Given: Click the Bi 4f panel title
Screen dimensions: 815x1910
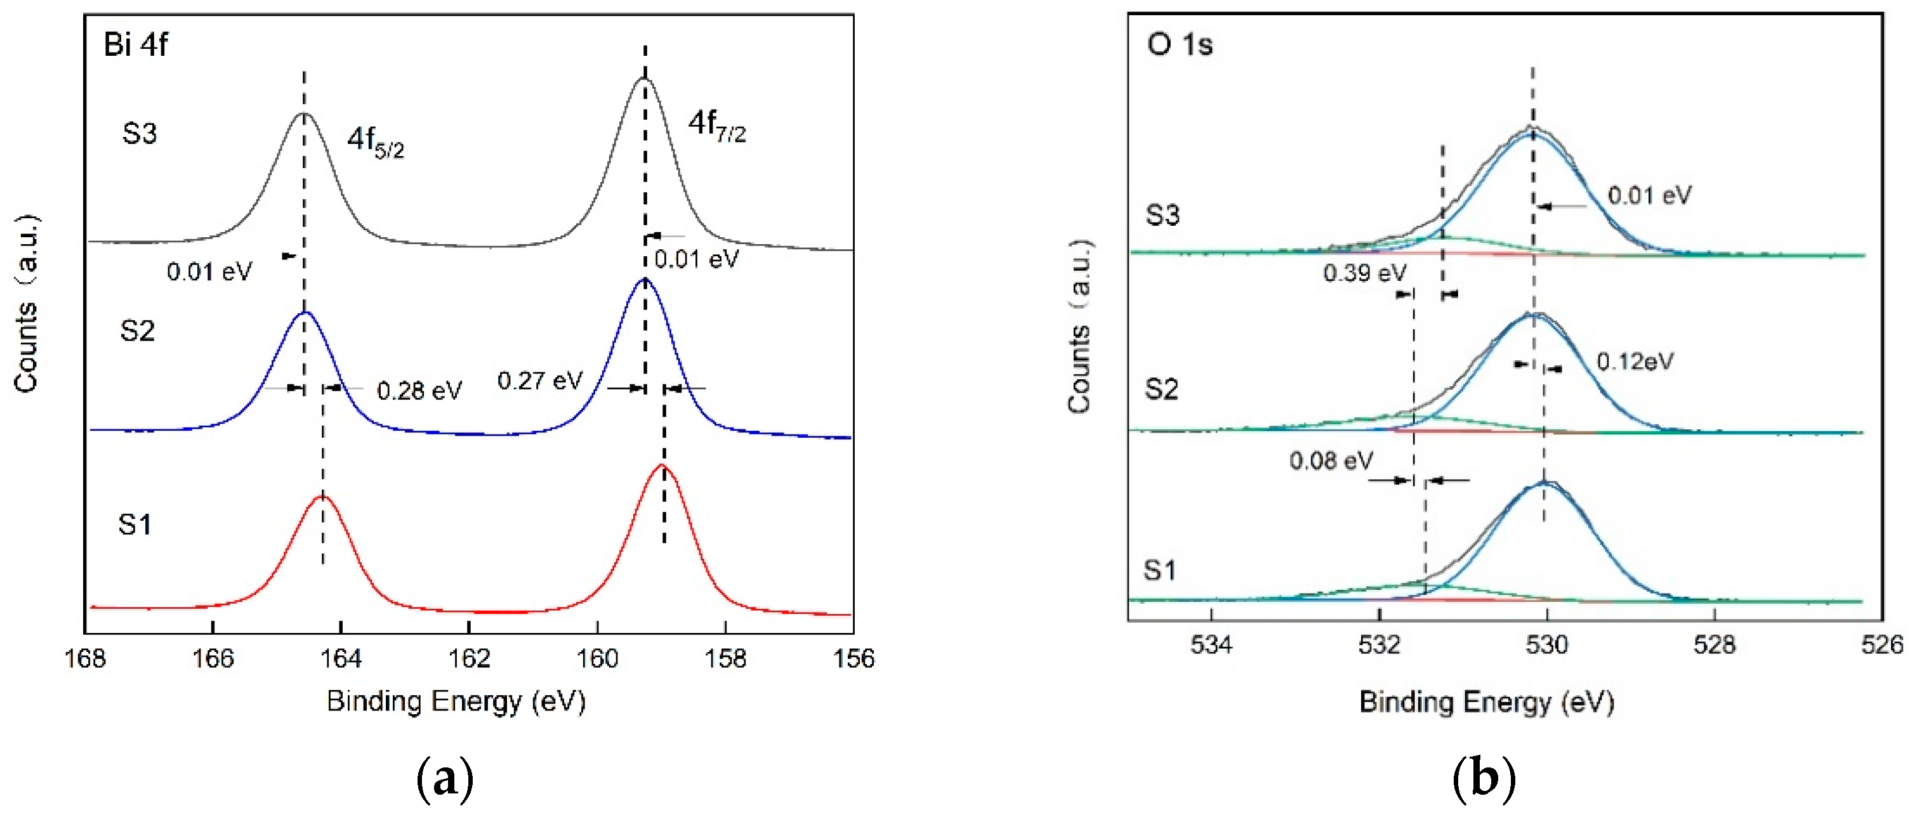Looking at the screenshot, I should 136,44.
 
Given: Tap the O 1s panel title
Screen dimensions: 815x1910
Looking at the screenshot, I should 1179,44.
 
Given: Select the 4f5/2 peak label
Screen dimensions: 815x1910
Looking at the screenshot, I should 375,141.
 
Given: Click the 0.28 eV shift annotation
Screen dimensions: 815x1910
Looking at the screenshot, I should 419,391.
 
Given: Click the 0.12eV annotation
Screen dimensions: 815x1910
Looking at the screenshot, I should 1634,362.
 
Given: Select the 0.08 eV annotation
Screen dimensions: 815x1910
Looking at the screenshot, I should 1330,461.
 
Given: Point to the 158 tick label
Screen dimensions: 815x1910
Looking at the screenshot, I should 725,658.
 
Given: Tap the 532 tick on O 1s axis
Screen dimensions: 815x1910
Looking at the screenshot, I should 1379,644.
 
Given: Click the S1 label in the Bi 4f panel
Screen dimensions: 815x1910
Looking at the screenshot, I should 135,525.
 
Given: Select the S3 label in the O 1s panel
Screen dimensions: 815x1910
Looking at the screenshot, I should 1162,215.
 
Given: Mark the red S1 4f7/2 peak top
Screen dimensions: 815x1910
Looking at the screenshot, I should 663,466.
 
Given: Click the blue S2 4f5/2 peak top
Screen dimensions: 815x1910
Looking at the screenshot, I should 304,313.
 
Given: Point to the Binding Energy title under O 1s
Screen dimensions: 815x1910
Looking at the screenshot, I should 1486,701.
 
